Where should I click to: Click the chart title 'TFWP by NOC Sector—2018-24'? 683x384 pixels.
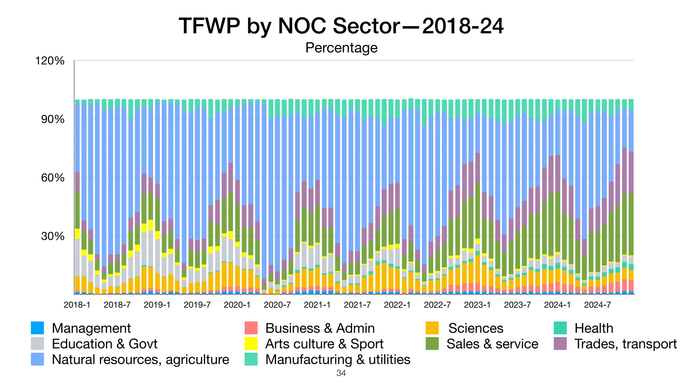[x=341, y=26]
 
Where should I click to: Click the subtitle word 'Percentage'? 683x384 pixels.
[x=341, y=48]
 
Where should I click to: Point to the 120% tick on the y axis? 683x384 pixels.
[x=50, y=61]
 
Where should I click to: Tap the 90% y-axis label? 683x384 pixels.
[x=53, y=119]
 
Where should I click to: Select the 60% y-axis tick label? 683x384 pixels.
[x=53, y=178]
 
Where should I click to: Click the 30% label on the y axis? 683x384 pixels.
[x=53, y=236]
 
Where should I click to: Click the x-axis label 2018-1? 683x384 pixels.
[x=77, y=305]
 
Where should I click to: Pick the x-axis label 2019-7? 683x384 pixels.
[x=197, y=305]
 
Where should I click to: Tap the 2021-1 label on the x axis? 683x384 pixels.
[x=317, y=305]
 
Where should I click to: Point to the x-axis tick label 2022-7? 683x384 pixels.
[x=437, y=305]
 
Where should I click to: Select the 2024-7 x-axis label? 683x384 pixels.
[x=597, y=305]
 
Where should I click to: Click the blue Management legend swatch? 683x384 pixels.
[x=37, y=328]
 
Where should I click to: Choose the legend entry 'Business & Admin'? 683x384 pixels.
[x=320, y=328]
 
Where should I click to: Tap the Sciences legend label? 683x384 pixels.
[x=476, y=328]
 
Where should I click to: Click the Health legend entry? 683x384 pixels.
[x=594, y=328]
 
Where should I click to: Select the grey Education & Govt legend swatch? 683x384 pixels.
[x=37, y=344]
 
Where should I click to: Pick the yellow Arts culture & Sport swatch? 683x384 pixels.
[x=251, y=344]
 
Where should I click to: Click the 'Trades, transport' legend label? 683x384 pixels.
[x=625, y=344]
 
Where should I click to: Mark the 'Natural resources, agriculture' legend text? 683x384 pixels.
[x=140, y=360]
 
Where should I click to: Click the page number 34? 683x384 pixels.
[x=341, y=373]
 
